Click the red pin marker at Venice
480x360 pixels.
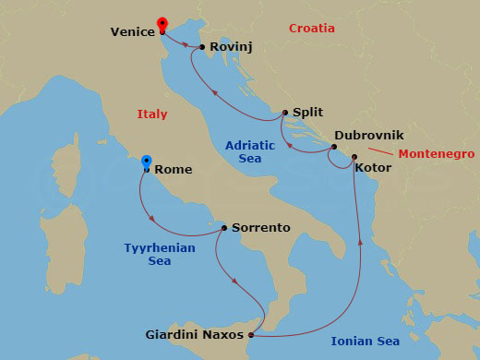[163, 24]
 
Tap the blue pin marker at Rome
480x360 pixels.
[146, 163]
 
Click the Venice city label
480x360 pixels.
[132, 31]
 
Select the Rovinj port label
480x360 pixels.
[231, 45]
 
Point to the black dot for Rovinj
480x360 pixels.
[202, 46]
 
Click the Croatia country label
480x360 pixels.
[311, 29]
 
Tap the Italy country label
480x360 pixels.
[151, 114]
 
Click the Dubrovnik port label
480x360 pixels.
[369, 135]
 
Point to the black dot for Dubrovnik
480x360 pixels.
[334, 146]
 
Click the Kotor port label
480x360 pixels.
[373, 168]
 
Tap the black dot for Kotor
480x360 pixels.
[354, 157]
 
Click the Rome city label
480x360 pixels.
[174, 170]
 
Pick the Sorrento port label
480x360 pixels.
[261, 227]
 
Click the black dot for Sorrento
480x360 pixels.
[224, 228]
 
